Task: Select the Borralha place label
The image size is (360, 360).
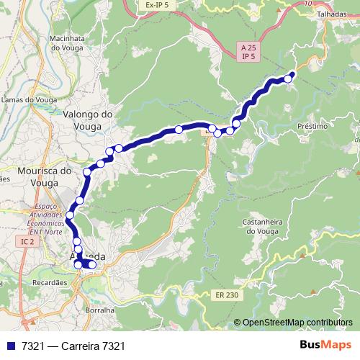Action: tap(100, 310)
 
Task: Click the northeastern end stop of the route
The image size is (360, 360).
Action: tap(289, 78)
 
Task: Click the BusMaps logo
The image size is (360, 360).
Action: tap(325, 345)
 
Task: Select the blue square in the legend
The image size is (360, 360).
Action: tap(9, 346)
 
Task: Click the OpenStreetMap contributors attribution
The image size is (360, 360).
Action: tap(297, 323)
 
